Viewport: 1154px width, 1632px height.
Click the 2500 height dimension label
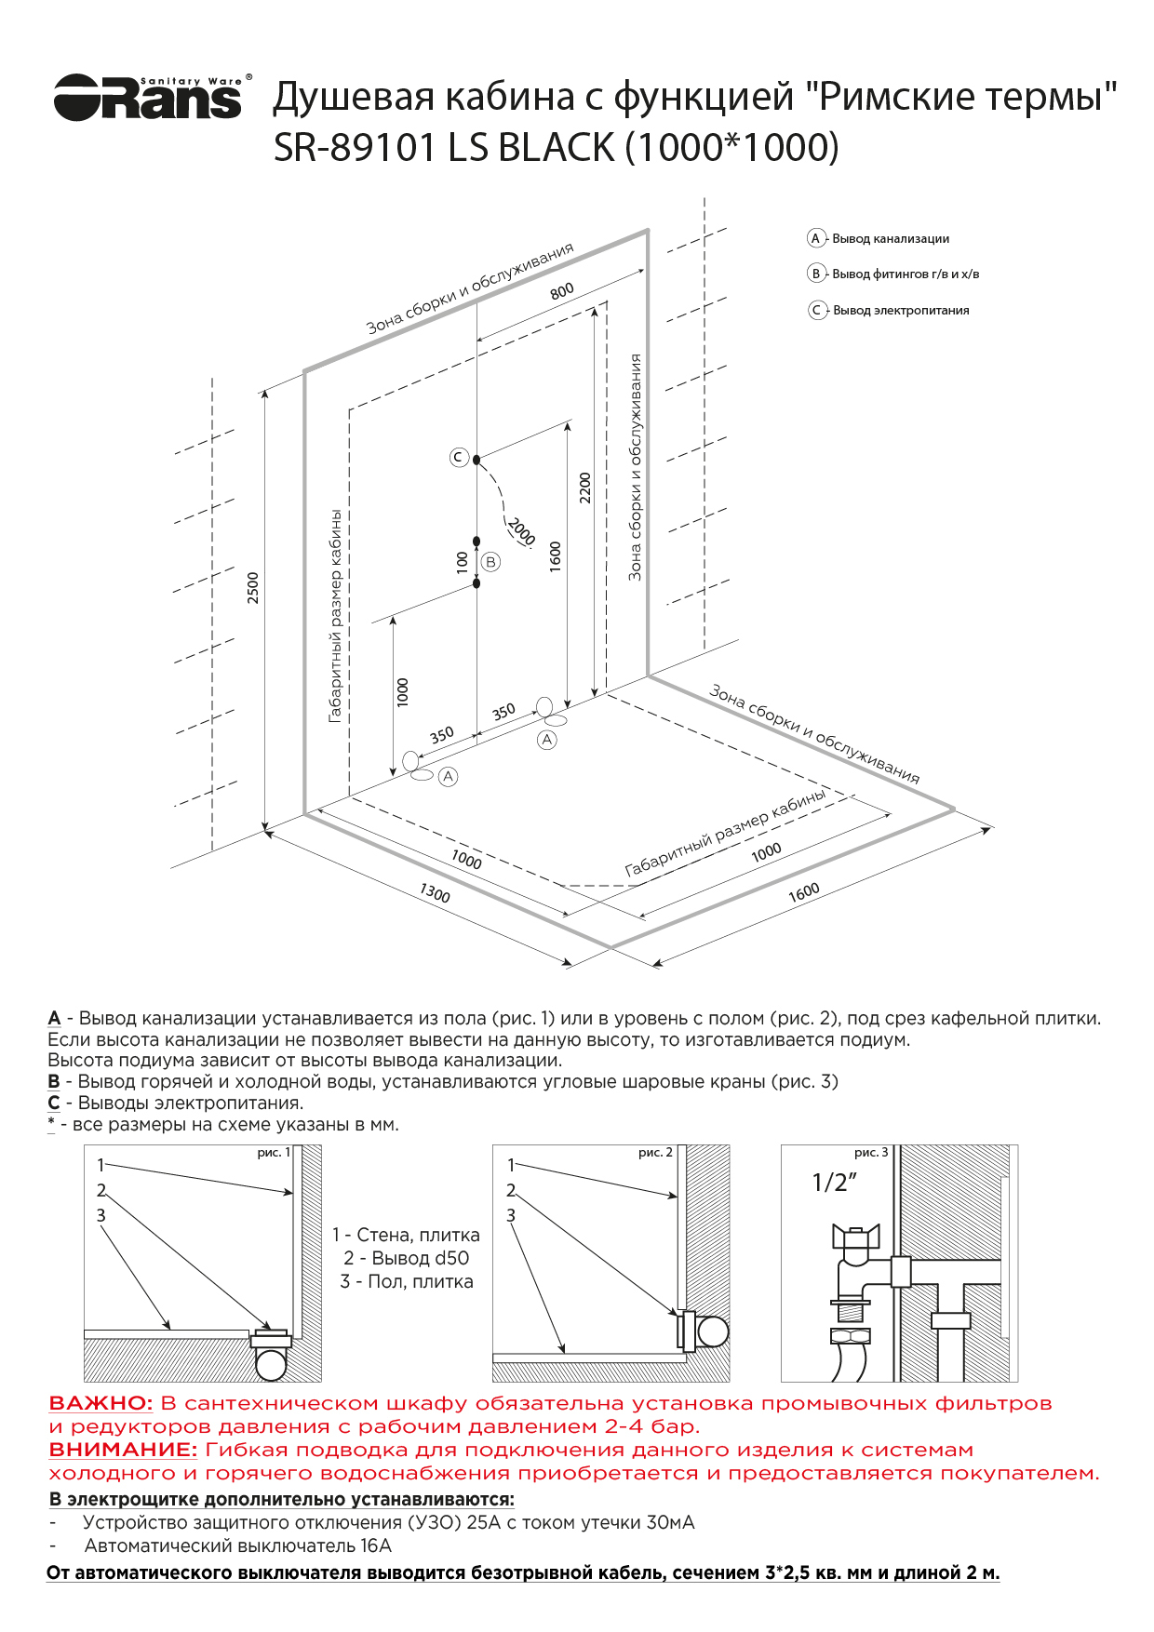point(253,588)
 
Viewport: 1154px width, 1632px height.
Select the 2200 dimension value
point(584,488)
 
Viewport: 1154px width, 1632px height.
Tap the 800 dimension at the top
point(562,291)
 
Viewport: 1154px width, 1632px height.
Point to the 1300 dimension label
point(435,894)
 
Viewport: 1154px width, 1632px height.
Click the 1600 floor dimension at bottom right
point(804,891)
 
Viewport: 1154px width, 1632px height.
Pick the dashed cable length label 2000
point(521,531)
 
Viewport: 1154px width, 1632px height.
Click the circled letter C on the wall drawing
point(458,457)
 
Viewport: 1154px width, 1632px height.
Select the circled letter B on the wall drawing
point(490,561)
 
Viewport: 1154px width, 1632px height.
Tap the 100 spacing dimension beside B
point(463,561)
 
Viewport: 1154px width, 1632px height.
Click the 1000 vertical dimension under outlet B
point(402,691)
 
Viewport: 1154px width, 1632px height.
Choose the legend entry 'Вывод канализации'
point(890,238)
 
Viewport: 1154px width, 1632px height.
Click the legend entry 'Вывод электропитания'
point(900,310)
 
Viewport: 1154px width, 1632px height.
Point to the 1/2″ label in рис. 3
point(834,1183)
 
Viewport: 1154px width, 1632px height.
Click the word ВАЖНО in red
point(101,1403)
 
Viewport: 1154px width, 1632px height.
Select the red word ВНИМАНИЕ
point(123,1450)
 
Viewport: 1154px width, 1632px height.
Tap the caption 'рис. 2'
point(655,1153)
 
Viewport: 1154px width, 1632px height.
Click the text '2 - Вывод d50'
point(406,1258)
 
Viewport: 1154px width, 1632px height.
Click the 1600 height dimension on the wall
point(556,556)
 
